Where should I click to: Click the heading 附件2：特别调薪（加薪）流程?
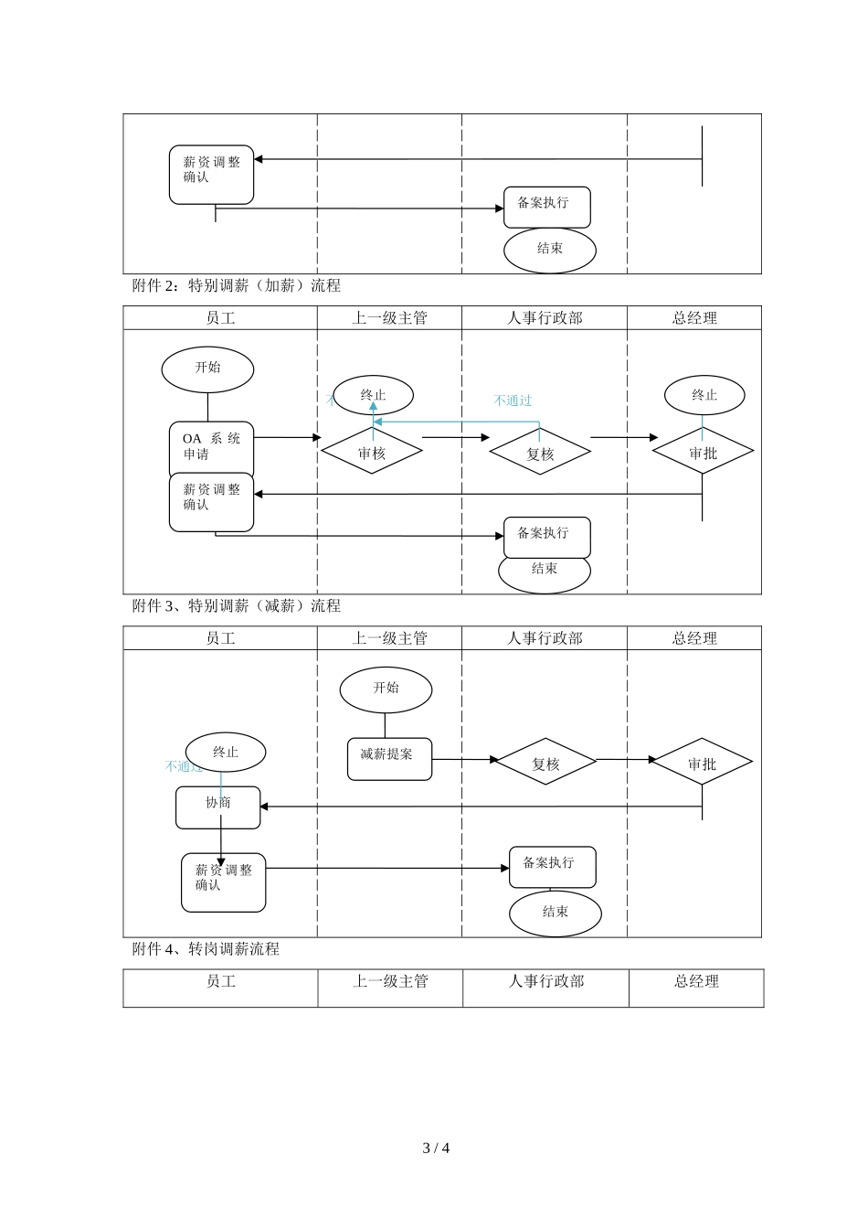pyautogui.click(x=236, y=285)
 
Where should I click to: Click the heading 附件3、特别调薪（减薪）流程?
pyautogui.click(x=236, y=605)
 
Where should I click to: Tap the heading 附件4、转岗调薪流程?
pyautogui.click(x=206, y=949)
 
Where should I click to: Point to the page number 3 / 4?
pyautogui.click(x=436, y=1148)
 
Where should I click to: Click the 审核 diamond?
pyautogui.click(x=372, y=452)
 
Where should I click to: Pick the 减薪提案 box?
pyautogui.click(x=389, y=759)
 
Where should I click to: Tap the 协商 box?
pyautogui.click(x=217, y=807)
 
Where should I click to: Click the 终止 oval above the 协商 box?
pyautogui.click(x=226, y=752)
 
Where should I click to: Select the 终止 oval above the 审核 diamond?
pyautogui.click(x=373, y=395)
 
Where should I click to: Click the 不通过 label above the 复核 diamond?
pyautogui.click(x=513, y=401)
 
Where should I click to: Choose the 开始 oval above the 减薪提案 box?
pyautogui.click(x=386, y=689)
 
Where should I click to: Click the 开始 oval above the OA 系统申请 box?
pyautogui.click(x=207, y=369)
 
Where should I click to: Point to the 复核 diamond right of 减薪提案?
pyautogui.click(x=545, y=762)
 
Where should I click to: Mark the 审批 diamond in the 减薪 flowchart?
pyautogui.click(x=702, y=762)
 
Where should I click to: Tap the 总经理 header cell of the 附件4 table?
pyautogui.click(x=696, y=981)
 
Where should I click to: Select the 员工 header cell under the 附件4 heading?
pyautogui.click(x=221, y=981)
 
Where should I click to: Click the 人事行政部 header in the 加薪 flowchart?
pyautogui.click(x=545, y=318)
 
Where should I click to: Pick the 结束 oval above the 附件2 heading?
pyautogui.click(x=550, y=250)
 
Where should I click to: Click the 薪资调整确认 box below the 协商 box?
pyautogui.click(x=223, y=882)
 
